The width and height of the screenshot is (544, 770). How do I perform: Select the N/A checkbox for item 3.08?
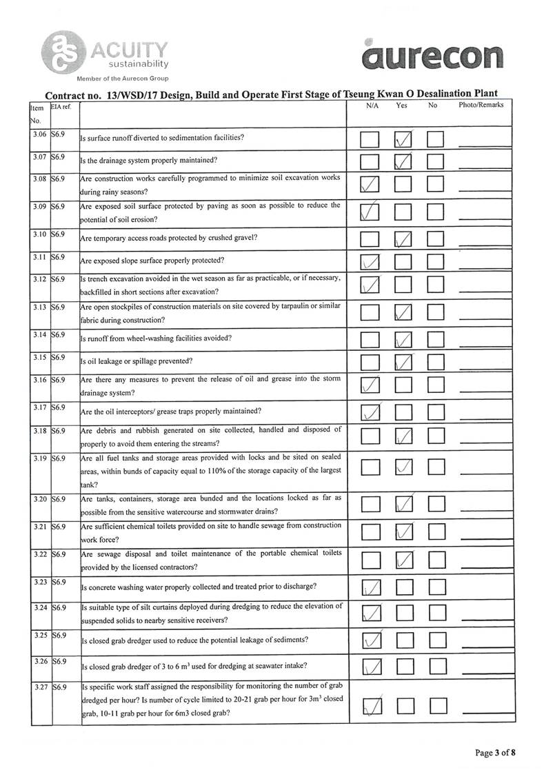click(370, 185)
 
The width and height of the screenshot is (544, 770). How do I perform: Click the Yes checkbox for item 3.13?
click(403, 314)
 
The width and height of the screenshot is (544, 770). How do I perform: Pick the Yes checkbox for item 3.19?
click(403, 467)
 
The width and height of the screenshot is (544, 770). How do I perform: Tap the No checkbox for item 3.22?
click(436, 560)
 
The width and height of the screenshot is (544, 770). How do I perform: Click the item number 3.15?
click(39, 358)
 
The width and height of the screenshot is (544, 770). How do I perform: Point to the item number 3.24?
click(39, 608)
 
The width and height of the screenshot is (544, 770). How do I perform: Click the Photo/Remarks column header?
click(481, 105)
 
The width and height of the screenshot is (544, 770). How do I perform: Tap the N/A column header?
click(371, 105)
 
